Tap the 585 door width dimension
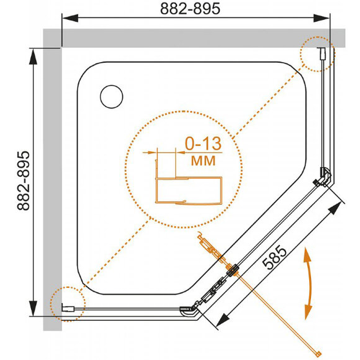(x=274, y=258)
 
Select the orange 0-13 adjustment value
(x=203, y=144)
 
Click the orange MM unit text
(x=203, y=161)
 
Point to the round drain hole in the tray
(x=112, y=97)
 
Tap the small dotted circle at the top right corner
(x=318, y=54)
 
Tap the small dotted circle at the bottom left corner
(x=68, y=304)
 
